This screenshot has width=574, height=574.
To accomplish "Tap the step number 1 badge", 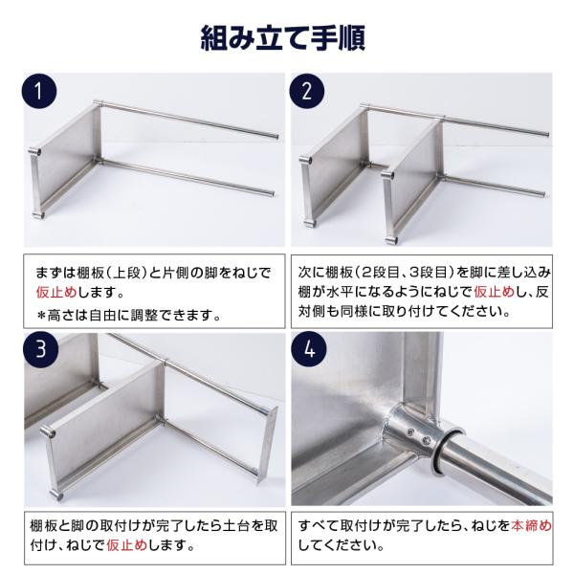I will click(37, 94).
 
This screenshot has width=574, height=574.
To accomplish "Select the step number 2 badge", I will click(307, 94).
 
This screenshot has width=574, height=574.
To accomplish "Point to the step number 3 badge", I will click(37, 349).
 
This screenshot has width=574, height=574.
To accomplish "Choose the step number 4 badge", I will click(307, 349).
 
